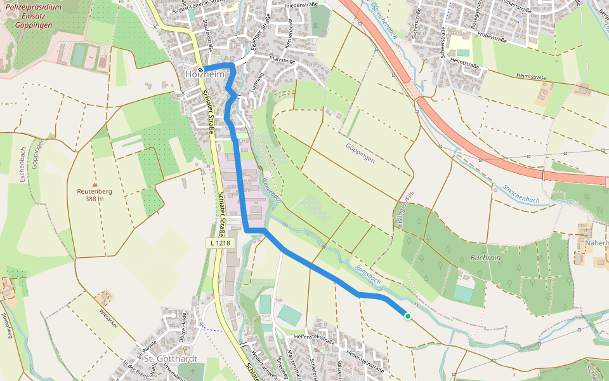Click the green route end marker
pyautogui.click(x=407, y=316)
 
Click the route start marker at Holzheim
pyautogui.click(x=200, y=70)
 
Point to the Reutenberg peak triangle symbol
pyautogui.click(x=95, y=183)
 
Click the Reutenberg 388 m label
pyautogui.click(x=95, y=194)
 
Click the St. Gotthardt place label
pyautogui.click(x=171, y=359)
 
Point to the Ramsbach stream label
pyautogui.click(x=367, y=273)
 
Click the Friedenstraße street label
pyautogui.click(x=301, y=4)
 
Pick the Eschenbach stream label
pyautogui.click(x=22, y=165)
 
